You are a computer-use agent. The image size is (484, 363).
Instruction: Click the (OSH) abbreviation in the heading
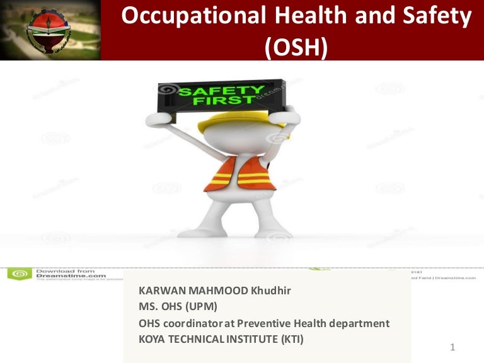click(x=297, y=47)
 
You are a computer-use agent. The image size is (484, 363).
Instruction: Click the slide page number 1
click(x=453, y=347)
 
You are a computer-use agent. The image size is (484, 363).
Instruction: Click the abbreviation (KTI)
click(x=290, y=339)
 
